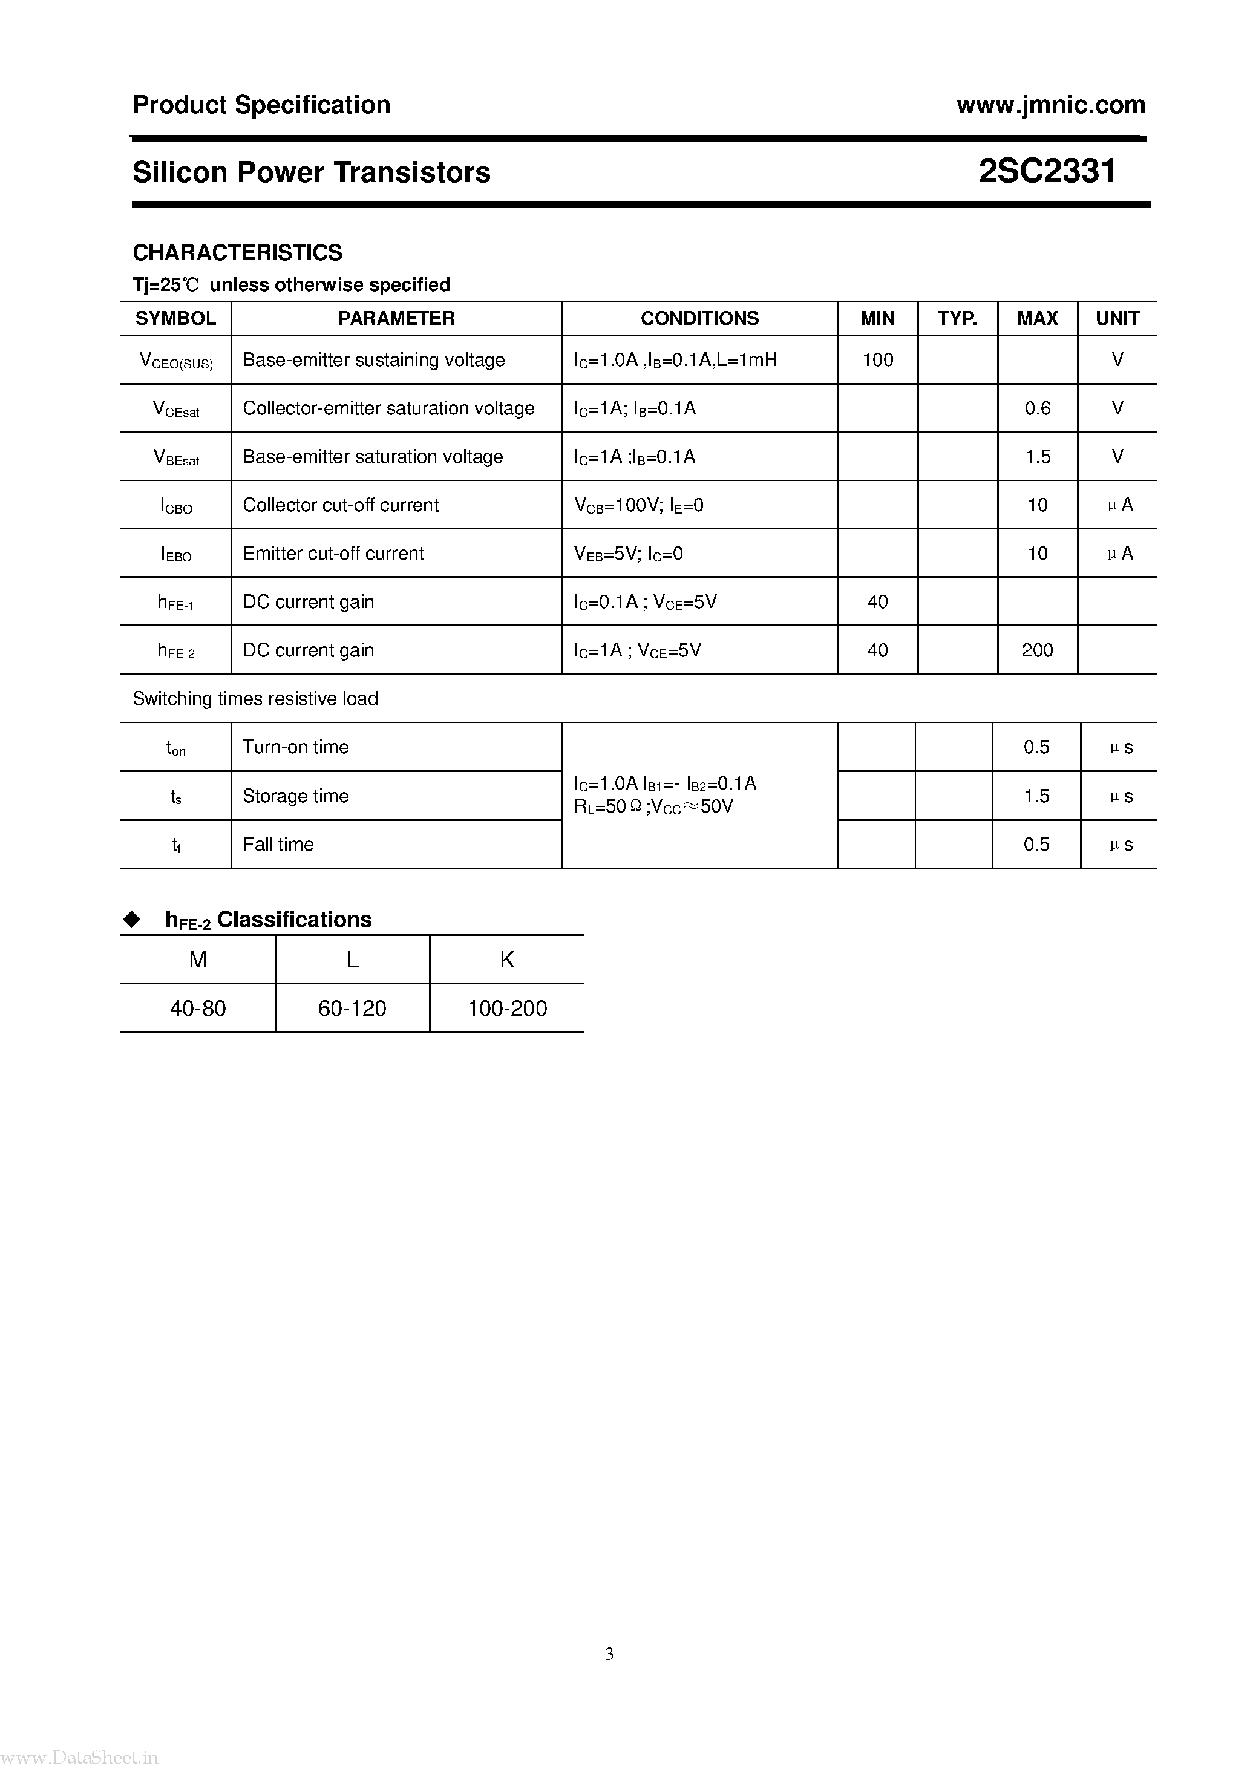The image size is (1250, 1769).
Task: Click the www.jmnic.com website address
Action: tap(1050, 105)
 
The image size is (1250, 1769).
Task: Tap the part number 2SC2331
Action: tap(1047, 171)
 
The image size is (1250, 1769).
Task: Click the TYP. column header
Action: tap(957, 318)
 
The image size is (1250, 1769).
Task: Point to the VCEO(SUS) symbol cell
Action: tap(175, 361)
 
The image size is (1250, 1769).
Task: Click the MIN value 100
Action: tap(878, 360)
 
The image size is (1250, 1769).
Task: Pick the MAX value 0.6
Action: tap(1037, 408)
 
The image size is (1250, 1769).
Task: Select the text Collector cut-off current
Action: tap(341, 505)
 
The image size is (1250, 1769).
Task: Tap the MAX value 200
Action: tap(1037, 650)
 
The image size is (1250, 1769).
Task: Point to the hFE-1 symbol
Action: tap(175, 603)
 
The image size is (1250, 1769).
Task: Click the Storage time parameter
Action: tap(295, 796)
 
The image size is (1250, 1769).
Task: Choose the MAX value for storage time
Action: tap(1036, 796)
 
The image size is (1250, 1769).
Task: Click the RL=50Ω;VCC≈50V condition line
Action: tap(653, 806)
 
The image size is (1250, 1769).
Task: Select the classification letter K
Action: tap(507, 960)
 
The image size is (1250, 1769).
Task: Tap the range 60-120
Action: tap(352, 1009)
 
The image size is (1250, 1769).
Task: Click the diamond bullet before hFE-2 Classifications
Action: tap(133, 919)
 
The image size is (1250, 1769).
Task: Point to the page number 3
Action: tap(609, 1653)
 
